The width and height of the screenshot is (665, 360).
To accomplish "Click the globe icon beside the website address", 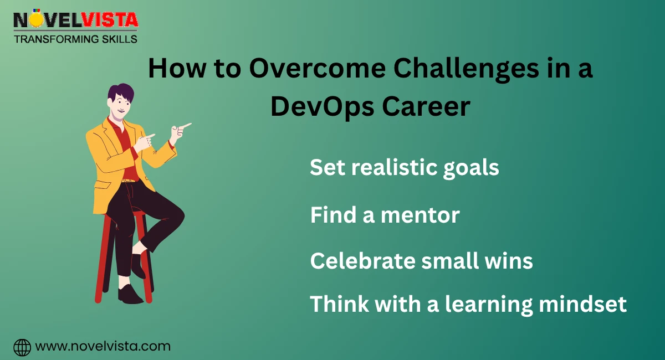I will click(22, 347).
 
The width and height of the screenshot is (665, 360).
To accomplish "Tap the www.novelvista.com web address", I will click(103, 347).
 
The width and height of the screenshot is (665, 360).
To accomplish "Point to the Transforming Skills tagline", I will click(75, 39).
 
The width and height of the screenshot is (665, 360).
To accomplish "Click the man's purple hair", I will click(121, 93).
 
